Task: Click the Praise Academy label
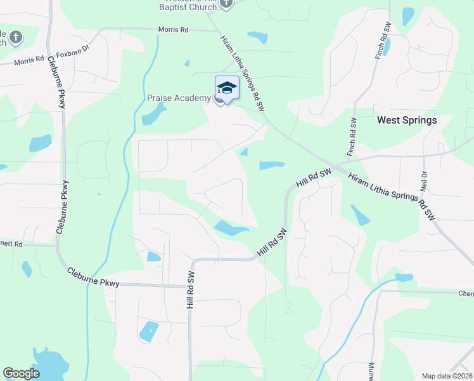179,98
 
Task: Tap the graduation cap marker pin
227,88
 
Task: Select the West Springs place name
407,120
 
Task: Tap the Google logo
22,373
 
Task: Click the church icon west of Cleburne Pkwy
16,37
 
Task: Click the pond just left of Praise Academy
153,115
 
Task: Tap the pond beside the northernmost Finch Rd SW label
387,46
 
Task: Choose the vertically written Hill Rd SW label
189,289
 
